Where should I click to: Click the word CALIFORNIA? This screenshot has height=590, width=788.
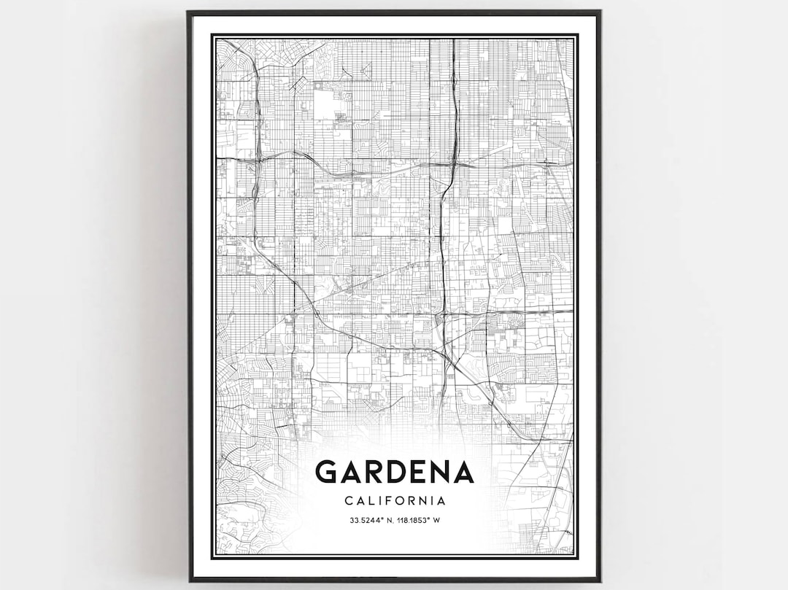pos(395,501)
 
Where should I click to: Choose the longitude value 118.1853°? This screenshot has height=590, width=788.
pos(417,521)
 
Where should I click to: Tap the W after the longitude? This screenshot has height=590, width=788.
pos(437,521)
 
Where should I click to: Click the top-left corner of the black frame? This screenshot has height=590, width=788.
pos(189,12)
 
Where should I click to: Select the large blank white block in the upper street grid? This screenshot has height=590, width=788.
pos(326,106)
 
